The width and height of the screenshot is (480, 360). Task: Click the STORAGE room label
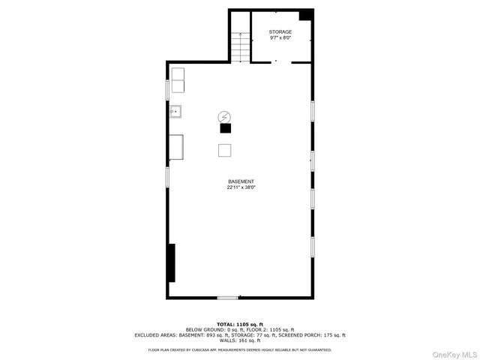pyautogui.click(x=280, y=31)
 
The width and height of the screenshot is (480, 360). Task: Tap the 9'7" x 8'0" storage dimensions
pyautogui.click(x=280, y=38)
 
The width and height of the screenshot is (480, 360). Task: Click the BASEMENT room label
pyautogui.click(x=241, y=182)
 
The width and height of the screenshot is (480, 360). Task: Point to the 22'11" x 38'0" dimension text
pyautogui.click(x=241, y=188)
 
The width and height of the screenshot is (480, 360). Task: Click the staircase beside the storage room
pyautogui.click(x=238, y=48)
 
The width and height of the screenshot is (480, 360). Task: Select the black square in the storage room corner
pyautogui.click(x=306, y=15)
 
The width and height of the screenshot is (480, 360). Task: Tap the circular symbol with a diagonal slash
pyautogui.click(x=224, y=116)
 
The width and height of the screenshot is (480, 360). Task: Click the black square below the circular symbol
pyautogui.click(x=225, y=128)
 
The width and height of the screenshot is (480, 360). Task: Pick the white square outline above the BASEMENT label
pyautogui.click(x=225, y=150)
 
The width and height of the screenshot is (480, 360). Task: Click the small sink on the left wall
pyautogui.click(x=175, y=112)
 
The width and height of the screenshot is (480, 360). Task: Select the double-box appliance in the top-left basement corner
pyautogui.click(x=178, y=80)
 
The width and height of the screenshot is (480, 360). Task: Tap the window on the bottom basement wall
pyautogui.click(x=228, y=298)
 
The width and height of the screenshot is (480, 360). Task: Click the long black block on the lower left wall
pyautogui.click(x=172, y=262)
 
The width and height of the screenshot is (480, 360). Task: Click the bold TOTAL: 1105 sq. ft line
pyautogui.click(x=240, y=324)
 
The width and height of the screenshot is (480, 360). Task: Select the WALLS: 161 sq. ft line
pyautogui.click(x=240, y=340)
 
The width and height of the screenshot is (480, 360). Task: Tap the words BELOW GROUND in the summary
pyautogui.click(x=204, y=330)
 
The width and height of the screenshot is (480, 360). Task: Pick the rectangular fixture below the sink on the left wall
pyautogui.click(x=178, y=147)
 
